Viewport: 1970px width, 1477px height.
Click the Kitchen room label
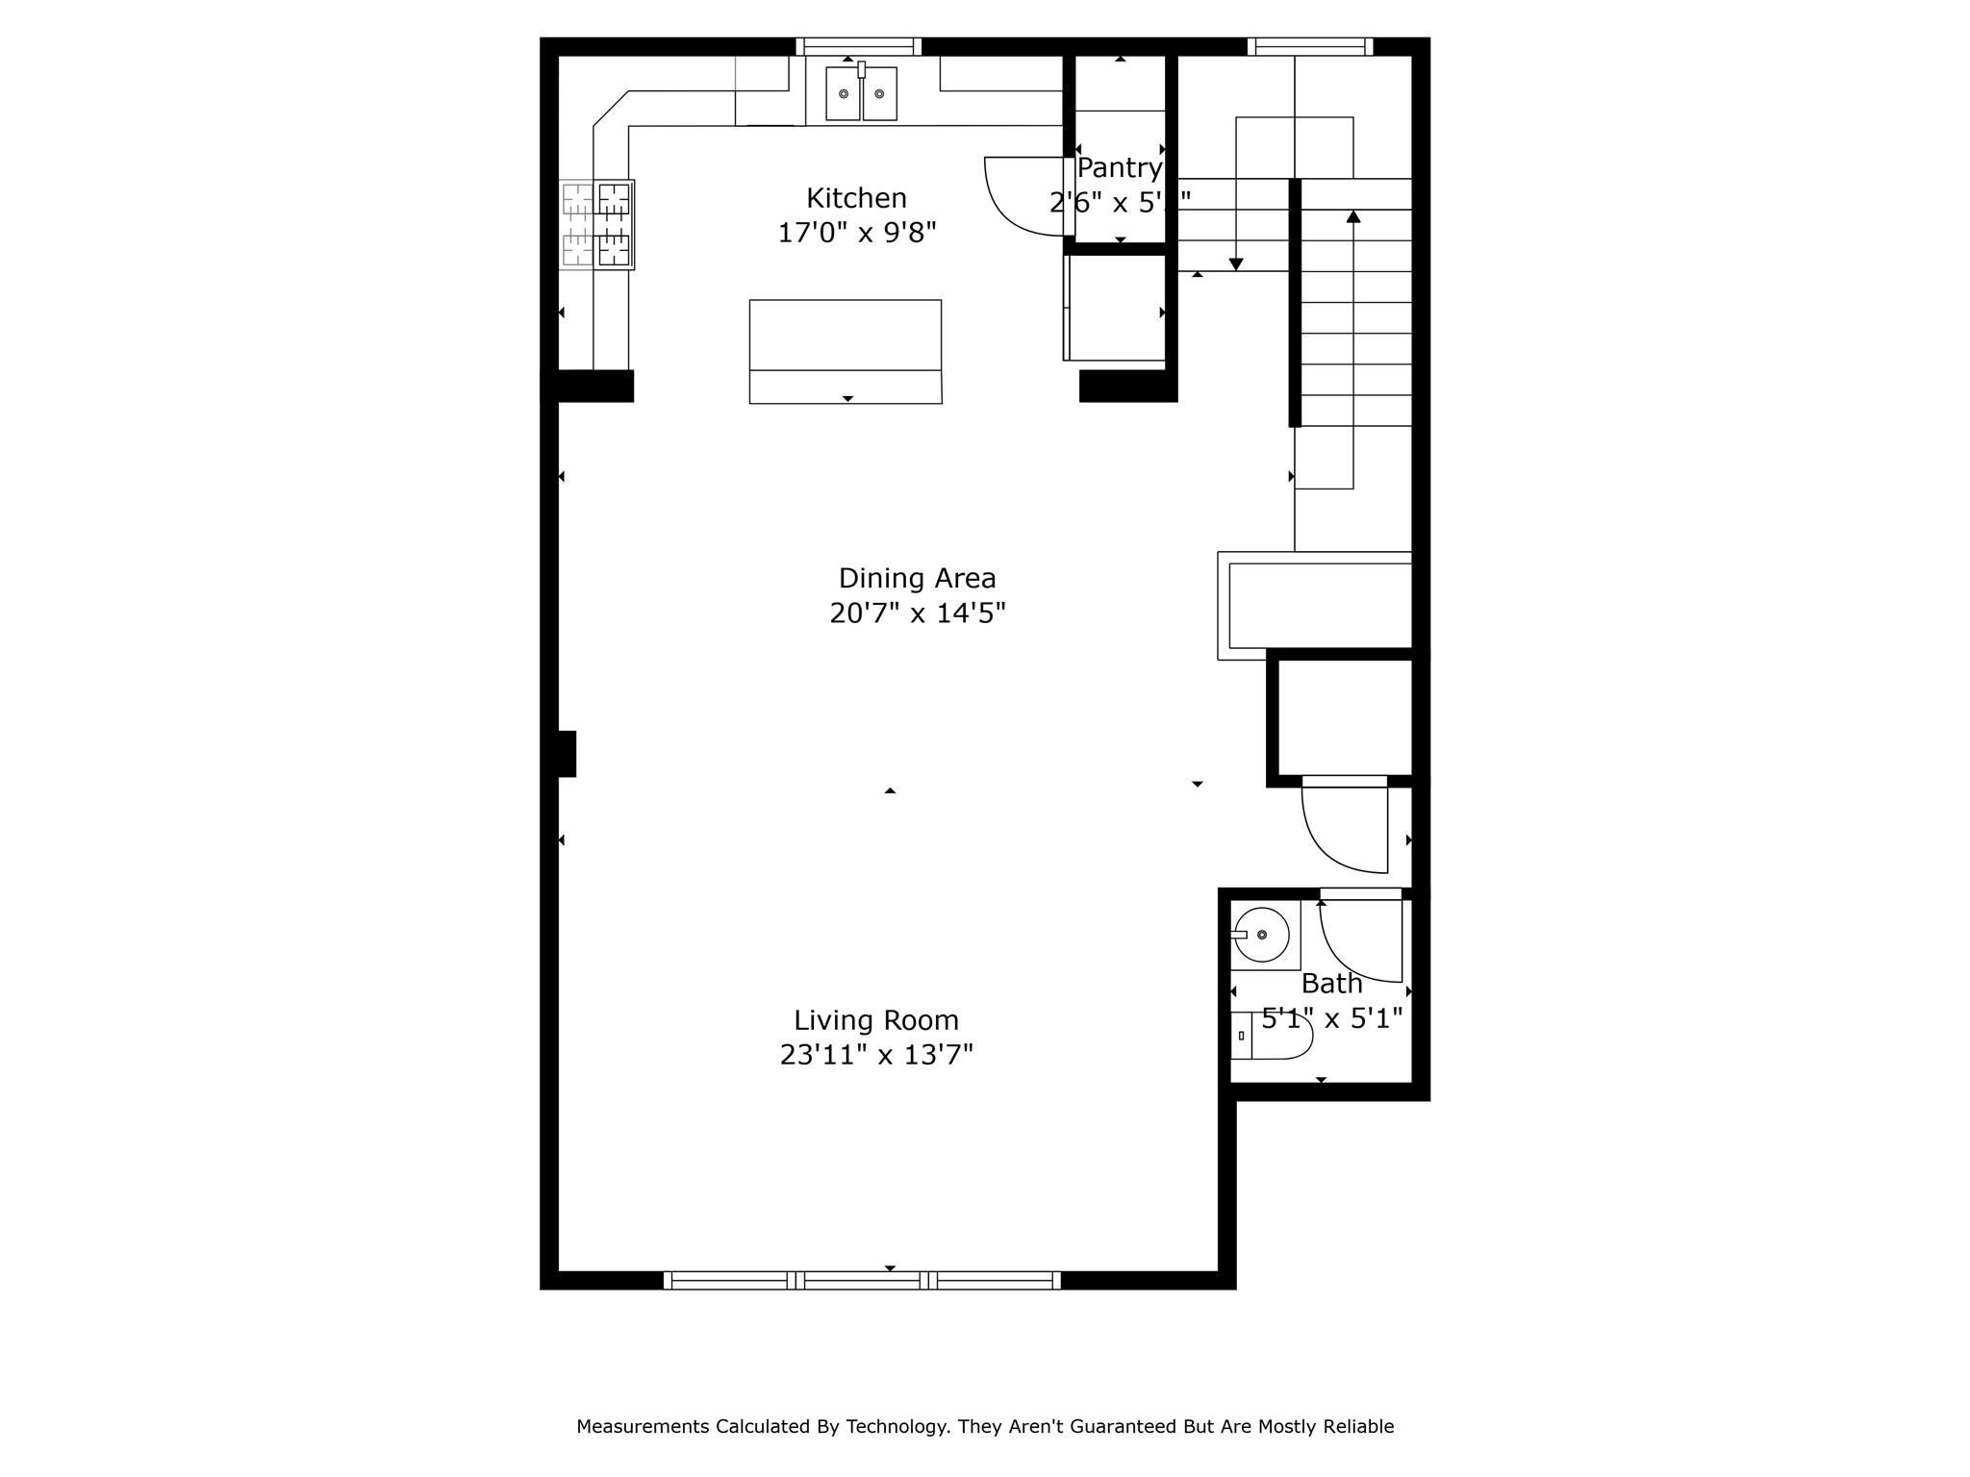(856, 198)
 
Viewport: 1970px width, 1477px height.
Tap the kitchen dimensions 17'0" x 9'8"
(856, 233)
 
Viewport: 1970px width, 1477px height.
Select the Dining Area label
(917, 578)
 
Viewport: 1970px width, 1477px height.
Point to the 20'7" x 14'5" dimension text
(917, 613)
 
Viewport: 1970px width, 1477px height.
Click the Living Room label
(875, 1020)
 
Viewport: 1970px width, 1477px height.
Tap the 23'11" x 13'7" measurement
(875, 1056)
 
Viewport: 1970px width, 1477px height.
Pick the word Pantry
(1119, 168)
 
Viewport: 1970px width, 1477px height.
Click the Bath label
(1331, 984)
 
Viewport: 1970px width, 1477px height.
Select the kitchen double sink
(861, 93)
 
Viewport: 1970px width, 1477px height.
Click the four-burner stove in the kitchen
(596, 224)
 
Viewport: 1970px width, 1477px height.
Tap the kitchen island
(845, 351)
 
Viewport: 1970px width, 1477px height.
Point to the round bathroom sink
(1261, 935)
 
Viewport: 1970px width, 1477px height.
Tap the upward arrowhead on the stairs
(1353, 216)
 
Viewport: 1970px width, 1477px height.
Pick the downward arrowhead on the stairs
(1236, 264)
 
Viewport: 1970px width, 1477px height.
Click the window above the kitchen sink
(858, 46)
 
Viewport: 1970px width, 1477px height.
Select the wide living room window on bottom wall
(862, 1280)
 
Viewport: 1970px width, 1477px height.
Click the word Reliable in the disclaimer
(1358, 1426)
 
